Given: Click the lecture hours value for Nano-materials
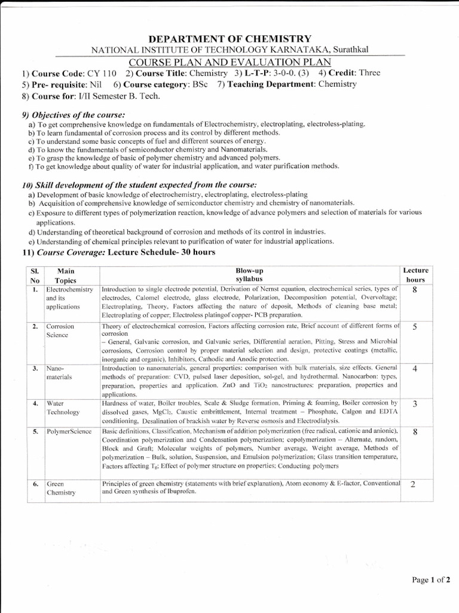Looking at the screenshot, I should pyautogui.click(x=415, y=368).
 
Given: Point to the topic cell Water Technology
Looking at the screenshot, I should pyautogui.click(x=63, y=408).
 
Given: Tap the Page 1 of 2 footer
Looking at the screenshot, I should pyautogui.click(x=429, y=579).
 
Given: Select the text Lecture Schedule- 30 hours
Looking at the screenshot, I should pyautogui.click(x=161, y=253).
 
